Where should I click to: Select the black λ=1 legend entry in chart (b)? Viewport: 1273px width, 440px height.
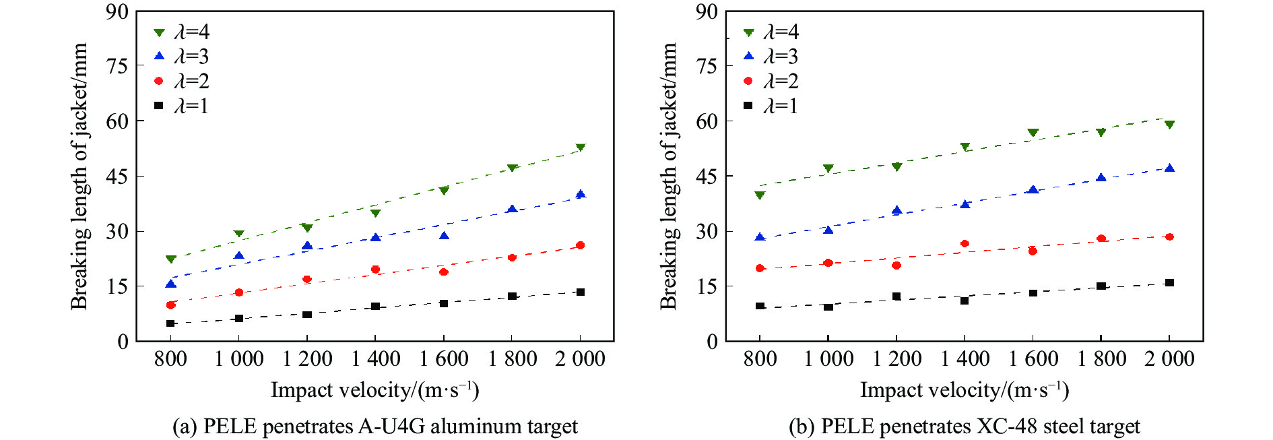point(771,106)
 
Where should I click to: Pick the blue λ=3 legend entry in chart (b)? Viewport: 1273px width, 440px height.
point(771,57)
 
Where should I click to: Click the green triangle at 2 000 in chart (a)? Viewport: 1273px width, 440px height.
point(581,148)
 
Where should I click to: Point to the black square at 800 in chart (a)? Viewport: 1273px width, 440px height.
point(170,323)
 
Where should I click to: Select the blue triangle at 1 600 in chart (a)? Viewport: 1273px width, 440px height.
point(444,236)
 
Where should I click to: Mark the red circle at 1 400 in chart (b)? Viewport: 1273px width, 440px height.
point(965,244)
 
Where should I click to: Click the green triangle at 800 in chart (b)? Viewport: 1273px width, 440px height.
point(760,195)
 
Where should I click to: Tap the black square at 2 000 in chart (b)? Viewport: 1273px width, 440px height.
point(1169,283)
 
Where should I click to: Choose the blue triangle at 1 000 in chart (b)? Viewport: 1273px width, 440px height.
point(828,230)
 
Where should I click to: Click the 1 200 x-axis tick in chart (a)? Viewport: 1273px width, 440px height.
point(307,358)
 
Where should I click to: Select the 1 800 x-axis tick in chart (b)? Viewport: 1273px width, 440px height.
point(1101,358)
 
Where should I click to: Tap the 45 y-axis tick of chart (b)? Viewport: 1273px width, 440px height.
point(707,176)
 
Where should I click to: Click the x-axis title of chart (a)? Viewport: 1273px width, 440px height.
point(374,390)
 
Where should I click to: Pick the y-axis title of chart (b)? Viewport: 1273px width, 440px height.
point(668,176)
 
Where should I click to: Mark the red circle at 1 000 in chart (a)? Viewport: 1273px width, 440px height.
point(238,292)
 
